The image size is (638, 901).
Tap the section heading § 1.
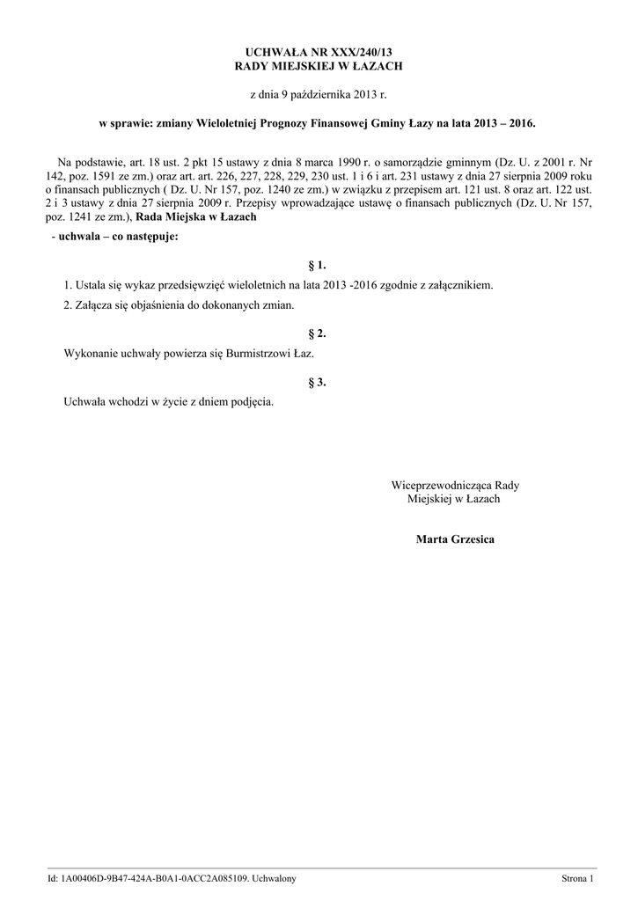click(318, 264)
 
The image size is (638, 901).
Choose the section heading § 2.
click(318, 333)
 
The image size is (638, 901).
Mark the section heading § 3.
click(318, 382)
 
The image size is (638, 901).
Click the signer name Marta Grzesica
click(455, 538)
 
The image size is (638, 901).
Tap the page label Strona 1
click(578, 879)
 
